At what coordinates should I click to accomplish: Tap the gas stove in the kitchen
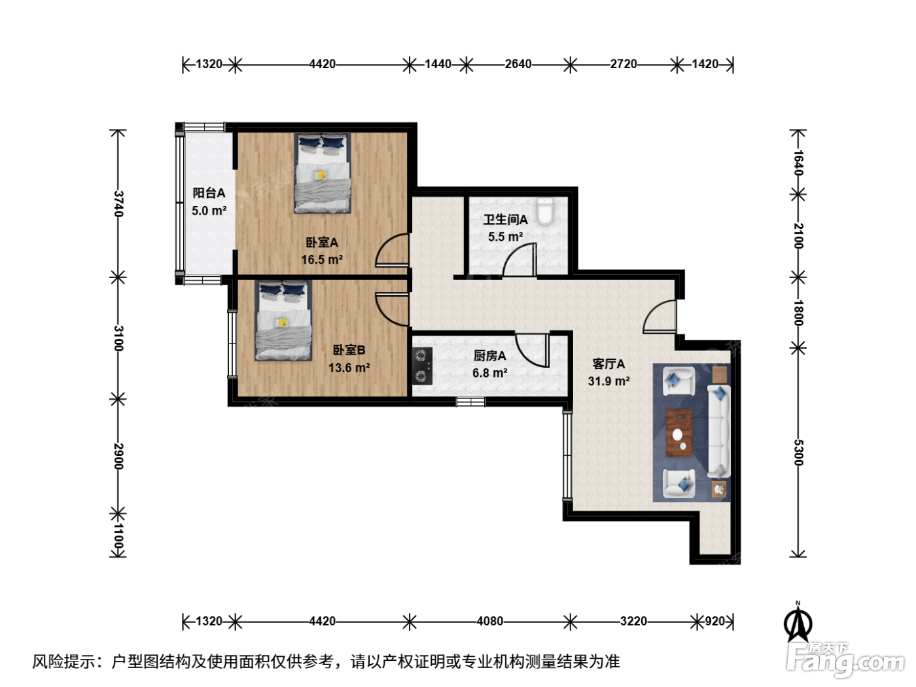(x=422, y=366)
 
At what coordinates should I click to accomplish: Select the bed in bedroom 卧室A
(x=322, y=173)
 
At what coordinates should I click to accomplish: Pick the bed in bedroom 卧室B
(x=283, y=321)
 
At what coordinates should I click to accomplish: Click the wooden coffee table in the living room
(x=679, y=433)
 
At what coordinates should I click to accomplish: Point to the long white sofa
(x=718, y=431)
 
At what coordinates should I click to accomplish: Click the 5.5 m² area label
(x=505, y=237)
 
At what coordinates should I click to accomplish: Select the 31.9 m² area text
(x=608, y=381)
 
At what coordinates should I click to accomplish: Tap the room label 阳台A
(x=209, y=193)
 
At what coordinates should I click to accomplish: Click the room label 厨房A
(x=489, y=356)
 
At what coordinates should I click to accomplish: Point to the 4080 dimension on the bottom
(x=490, y=621)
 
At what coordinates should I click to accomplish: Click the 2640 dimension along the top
(x=518, y=64)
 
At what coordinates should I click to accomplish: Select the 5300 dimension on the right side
(x=798, y=452)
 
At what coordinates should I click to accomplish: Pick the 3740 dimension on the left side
(x=118, y=203)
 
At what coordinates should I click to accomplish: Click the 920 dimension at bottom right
(x=715, y=621)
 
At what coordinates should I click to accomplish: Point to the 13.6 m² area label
(x=349, y=368)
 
